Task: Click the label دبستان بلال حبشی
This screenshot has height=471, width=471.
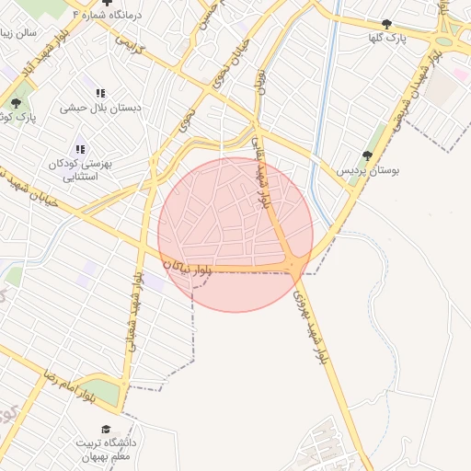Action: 100,108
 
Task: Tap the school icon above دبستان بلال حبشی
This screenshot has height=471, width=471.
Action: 100,93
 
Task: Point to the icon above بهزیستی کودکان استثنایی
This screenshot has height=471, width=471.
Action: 80,149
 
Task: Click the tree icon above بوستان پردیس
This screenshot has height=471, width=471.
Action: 368,155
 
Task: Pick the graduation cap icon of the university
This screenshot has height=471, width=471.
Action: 106,430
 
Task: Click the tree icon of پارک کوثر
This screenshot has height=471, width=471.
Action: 16,102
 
